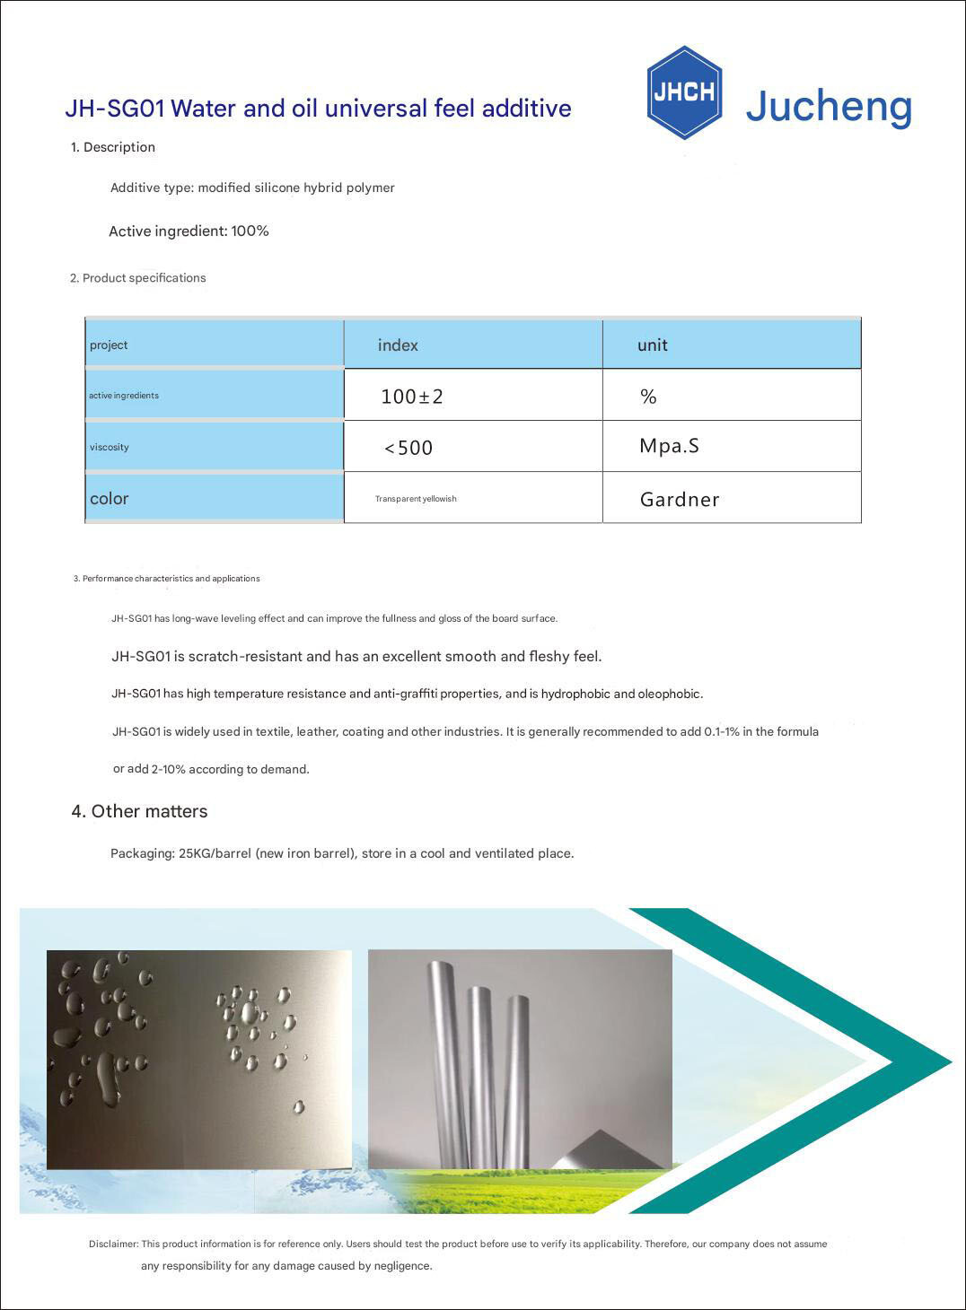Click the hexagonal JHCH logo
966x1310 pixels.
tap(684, 92)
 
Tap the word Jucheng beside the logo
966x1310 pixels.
tap(828, 106)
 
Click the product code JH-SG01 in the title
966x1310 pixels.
tap(114, 109)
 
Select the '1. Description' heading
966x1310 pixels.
tap(113, 147)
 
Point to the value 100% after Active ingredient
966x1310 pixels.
tap(250, 231)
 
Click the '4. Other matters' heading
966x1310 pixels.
tap(139, 811)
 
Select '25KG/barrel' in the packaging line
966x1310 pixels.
tap(215, 853)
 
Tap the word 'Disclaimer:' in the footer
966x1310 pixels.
tap(113, 1244)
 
